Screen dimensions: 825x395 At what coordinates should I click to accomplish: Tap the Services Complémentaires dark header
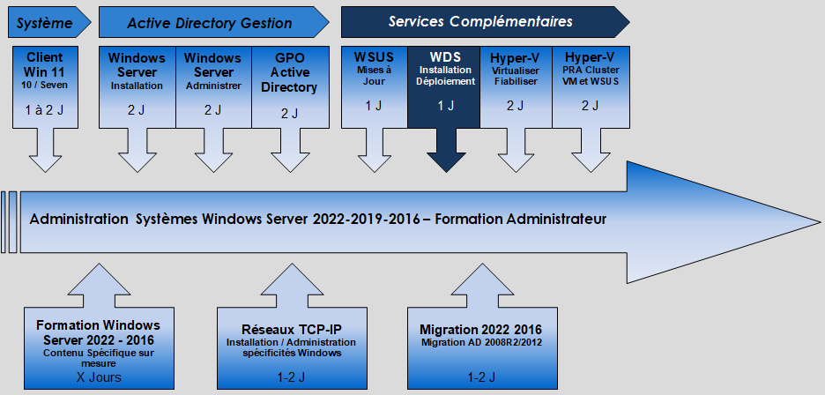tap(485, 22)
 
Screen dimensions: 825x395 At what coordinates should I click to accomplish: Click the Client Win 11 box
tap(45, 87)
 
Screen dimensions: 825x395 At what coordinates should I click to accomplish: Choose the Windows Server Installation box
tap(137, 87)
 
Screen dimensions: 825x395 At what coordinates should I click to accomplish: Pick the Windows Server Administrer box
tap(213, 87)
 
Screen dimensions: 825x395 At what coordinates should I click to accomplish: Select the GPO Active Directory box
tap(291, 87)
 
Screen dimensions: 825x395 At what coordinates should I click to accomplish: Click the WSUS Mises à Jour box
tap(374, 87)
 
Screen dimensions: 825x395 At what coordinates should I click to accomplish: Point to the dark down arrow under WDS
tap(446, 150)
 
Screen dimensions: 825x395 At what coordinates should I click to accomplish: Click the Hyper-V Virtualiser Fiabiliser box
tap(516, 87)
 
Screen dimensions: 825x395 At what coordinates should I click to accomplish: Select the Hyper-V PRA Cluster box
tap(591, 87)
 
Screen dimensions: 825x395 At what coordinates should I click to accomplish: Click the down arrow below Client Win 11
tap(45, 150)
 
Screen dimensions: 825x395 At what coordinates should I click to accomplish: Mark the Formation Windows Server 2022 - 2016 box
tap(99, 348)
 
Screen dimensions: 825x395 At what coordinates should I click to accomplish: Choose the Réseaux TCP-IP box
tap(292, 348)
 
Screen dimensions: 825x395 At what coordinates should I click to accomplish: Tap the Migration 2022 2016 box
tap(482, 348)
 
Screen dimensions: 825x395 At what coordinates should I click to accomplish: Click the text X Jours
tap(99, 377)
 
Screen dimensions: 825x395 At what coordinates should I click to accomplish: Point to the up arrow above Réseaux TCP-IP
tap(292, 286)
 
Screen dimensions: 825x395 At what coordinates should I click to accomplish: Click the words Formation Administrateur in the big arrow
tap(521, 219)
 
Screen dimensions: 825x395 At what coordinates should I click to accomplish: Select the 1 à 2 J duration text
tap(45, 110)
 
